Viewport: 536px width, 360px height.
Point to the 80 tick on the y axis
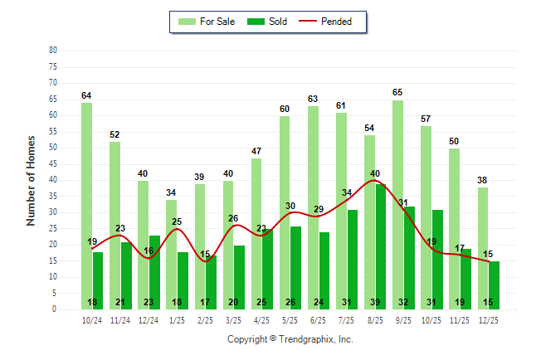tap(53, 50)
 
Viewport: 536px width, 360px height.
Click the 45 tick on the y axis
tap(53, 163)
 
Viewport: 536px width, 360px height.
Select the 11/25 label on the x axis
tap(460, 320)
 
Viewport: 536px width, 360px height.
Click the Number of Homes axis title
tap(32, 180)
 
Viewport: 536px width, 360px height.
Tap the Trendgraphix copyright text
tap(290, 339)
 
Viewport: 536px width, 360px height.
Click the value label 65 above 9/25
tap(397, 93)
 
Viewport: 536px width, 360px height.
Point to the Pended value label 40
tap(375, 173)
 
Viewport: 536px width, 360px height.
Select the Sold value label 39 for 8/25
tap(375, 302)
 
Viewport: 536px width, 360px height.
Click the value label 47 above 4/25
tap(256, 151)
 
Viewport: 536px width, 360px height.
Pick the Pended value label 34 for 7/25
tap(347, 193)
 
